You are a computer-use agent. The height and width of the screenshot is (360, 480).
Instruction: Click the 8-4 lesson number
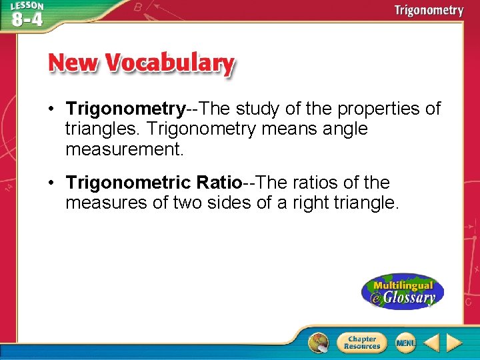(27, 18)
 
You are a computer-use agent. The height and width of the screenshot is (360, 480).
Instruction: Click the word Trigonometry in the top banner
(428, 10)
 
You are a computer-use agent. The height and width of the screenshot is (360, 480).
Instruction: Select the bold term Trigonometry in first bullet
(125, 108)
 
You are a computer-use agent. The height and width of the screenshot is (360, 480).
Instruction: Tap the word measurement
(124, 149)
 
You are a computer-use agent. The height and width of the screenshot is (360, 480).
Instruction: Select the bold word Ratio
(217, 182)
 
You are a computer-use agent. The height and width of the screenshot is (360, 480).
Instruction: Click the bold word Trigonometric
(129, 182)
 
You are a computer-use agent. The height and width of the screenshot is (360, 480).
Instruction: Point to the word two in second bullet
(190, 203)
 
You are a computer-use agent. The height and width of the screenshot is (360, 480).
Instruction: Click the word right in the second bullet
(313, 203)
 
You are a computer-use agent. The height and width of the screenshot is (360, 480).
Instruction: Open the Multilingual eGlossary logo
(403, 292)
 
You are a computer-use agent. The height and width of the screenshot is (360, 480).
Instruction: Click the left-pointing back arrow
(431, 343)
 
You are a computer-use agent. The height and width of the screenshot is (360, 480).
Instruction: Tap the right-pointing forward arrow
(454, 343)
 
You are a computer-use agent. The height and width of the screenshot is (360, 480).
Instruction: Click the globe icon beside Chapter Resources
(319, 343)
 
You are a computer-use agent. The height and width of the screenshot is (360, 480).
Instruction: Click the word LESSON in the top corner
(27, 5)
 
